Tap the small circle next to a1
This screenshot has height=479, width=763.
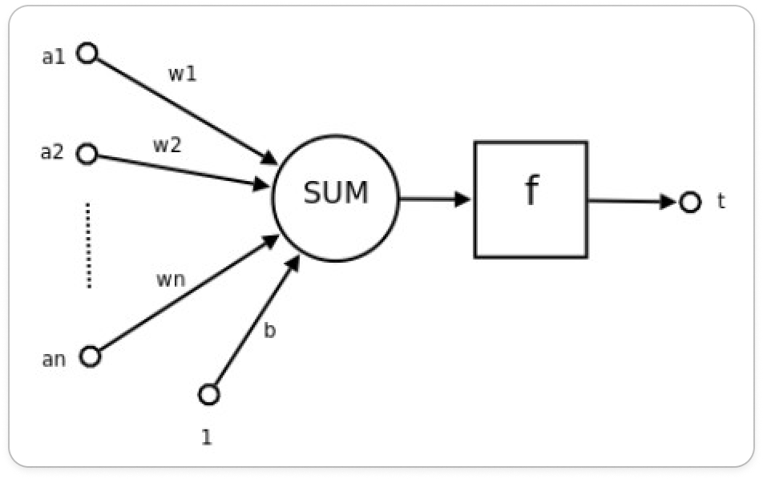[x=87, y=54]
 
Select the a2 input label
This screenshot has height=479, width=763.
[x=52, y=151]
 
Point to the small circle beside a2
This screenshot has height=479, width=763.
[x=87, y=154]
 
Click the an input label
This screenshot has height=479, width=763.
[x=53, y=359]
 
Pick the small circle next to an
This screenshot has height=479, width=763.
[x=91, y=356]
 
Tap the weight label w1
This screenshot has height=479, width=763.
[x=182, y=74]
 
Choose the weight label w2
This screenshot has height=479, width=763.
[x=168, y=146]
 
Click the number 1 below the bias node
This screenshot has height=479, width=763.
[x=206, y=437]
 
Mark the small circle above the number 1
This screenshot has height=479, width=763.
[x=208, y=394]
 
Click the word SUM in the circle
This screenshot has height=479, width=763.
[x=335, y=193]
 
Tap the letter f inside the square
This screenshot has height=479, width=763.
[x=531, y=191]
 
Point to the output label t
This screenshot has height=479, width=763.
[x=721, y=201]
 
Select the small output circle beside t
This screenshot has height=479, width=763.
[x=689, y=202]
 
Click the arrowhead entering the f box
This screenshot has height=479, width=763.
[x=462, y=199]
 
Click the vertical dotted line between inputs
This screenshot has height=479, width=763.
[x=88, y=245]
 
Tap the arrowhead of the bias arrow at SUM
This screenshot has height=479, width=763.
[x=293, y=265]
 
